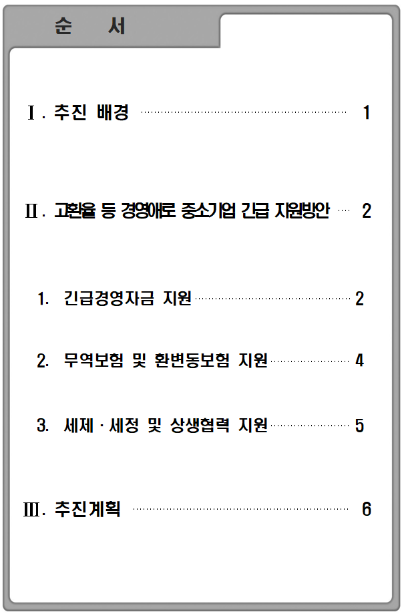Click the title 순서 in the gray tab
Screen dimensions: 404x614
pos(90,26)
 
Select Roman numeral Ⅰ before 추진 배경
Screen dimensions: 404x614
pos(31,113)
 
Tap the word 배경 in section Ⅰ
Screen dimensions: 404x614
pos(113,112)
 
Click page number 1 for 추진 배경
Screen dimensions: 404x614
pos(367,112)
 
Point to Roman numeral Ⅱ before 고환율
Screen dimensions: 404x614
pos(31,211)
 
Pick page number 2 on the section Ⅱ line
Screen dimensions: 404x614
pos(367,211)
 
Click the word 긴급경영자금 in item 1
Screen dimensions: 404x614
pos(109,298)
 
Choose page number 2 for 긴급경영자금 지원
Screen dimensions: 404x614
pos(360,299)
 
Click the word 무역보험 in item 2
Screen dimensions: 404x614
pos(93,360)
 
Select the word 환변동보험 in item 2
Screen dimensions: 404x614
pos(192,360)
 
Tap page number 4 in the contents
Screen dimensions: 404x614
pos(359,360)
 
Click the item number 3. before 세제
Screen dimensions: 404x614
pos(43,426)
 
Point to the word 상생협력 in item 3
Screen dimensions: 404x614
pos(200,426)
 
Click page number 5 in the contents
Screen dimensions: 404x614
pos(359,426)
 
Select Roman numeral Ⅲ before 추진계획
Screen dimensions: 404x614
pos(31,510)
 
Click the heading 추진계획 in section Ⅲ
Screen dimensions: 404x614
pos(87,509)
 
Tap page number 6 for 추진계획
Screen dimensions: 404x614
pos(367,509)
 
